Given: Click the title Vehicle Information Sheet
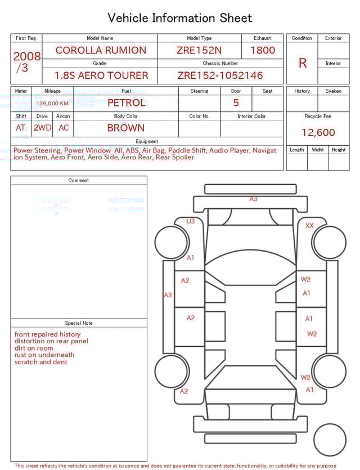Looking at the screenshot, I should tap(180, 18).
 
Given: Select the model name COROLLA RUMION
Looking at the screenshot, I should tap(100, 50).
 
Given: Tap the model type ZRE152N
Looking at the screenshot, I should tap(199, 50).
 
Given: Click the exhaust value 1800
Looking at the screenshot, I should tap(262, 50).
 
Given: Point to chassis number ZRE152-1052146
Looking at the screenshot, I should tap(220, 75).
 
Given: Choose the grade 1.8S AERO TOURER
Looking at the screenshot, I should tap(101, 75).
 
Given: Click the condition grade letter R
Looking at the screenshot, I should tap(302, 63).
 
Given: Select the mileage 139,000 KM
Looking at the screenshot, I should tap(52, 104).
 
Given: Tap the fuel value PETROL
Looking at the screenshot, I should tap(126, 103).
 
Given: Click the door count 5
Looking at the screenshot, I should tap(236, 103).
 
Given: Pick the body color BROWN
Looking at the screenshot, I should tap(125, 128).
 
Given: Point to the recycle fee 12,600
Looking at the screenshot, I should tap(318, 133).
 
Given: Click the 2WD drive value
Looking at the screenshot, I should tap(42, 128).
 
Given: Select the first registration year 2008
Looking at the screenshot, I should tap(26, 56).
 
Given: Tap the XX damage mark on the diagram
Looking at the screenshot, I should tap(309, 226).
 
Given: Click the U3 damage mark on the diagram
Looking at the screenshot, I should tap(191, 222).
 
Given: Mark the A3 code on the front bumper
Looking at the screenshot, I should tap(254, 199).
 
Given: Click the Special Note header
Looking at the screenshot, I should tap(79, 323).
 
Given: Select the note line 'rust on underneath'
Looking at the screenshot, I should tap(44, 355).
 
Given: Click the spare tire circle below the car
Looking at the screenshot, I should tap(330, 440).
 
